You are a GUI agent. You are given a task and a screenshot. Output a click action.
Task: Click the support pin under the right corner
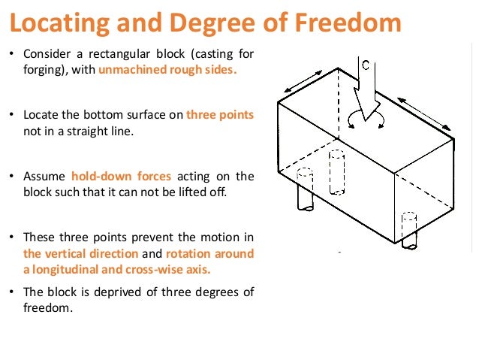(408, 233)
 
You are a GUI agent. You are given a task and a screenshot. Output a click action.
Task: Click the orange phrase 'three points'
(220, 115)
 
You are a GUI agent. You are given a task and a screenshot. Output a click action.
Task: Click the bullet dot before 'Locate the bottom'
(13, 115)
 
